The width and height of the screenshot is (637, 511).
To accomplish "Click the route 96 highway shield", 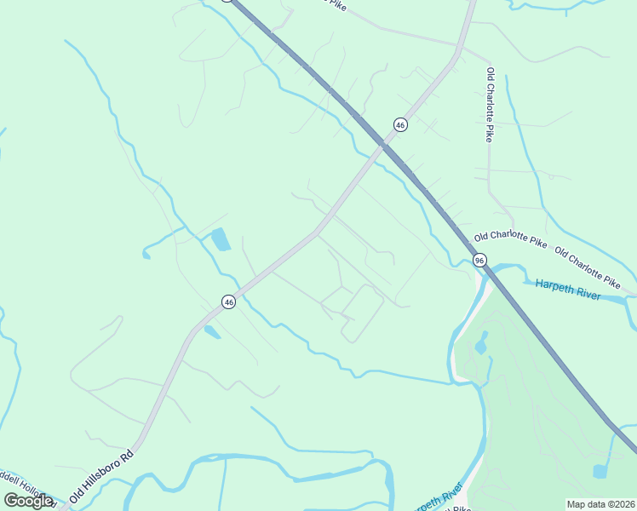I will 480,260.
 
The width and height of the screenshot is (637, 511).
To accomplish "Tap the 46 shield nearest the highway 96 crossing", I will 400,125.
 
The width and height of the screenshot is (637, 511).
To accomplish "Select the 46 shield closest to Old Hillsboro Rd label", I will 228,301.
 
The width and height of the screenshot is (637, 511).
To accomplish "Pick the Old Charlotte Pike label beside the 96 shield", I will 510,241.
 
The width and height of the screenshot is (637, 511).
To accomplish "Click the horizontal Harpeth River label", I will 568,290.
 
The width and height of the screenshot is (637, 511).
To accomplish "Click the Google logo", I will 28,501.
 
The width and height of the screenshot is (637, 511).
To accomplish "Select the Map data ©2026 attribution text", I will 600,504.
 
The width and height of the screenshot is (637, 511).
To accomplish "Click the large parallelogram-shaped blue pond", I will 220,239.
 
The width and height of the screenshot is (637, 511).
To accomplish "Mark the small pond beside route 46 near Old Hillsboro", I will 212,332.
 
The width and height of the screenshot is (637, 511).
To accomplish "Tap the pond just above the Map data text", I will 601,471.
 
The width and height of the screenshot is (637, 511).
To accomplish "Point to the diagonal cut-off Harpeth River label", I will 438,497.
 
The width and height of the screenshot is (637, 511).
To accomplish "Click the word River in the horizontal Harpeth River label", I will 585,294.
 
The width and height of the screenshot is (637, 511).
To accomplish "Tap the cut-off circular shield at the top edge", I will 227,2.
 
